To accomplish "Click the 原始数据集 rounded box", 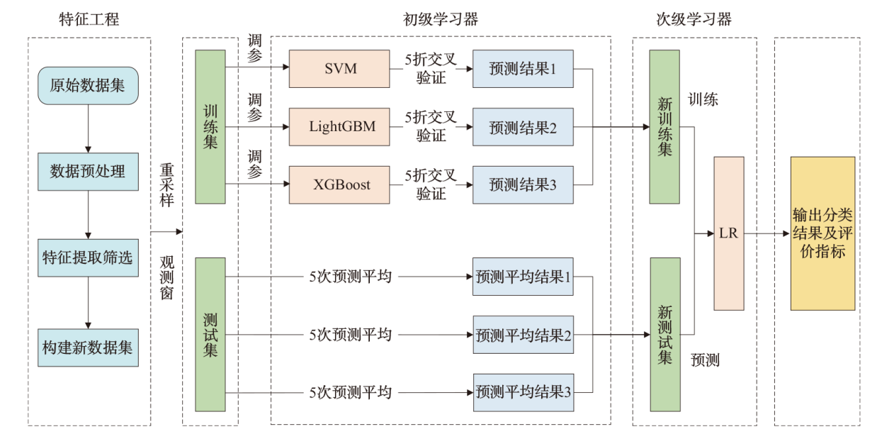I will click(88, 86).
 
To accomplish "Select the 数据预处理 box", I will click(88, 171).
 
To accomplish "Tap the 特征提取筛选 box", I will click(88, 257).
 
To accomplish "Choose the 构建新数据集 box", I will click(88, 347).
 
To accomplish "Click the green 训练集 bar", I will click(210, 127).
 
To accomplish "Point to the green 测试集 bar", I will click(210, 334).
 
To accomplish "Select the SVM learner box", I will click(339, 69).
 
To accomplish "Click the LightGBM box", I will click(339, 127).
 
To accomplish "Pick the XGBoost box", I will click(339, 184).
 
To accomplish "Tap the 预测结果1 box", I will click(523, 69).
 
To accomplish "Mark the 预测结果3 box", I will click(523, 184).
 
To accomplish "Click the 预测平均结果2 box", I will click(523, 334).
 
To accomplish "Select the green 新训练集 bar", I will click(665, 127).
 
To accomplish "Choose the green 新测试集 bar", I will click(665, 334).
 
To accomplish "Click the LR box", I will click(729, 233).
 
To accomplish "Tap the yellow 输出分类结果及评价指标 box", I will click(822, 233).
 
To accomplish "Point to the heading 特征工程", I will click(89, 19).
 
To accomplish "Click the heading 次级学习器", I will click(694, 19).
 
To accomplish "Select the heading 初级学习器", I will click(440, 19).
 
